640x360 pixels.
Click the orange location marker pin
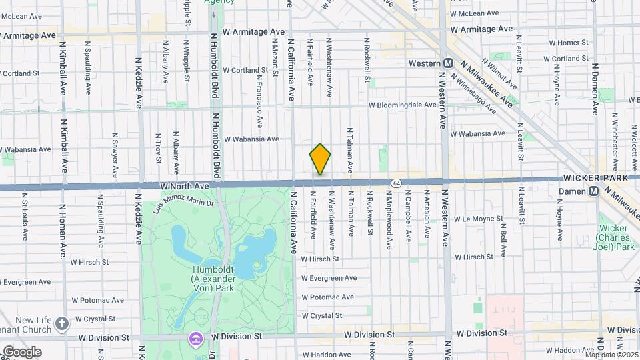click(320, 159)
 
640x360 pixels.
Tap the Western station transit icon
click(449, 63)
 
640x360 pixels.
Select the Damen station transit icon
click(592, 191)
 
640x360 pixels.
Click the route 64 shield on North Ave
click(397, 182)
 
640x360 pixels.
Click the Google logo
click(21, 351)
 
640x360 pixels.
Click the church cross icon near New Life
click(62, 323)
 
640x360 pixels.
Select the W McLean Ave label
click(475, 13)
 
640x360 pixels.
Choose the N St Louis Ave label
click(24, 217)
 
